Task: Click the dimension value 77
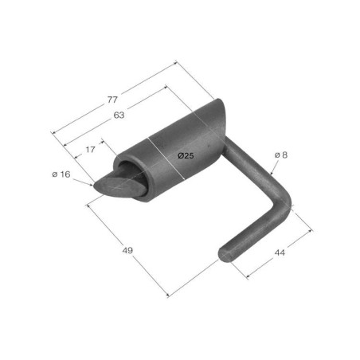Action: (x=112, y=100)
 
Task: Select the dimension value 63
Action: (x=119, y=115)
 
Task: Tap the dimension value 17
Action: (x=90, y=150)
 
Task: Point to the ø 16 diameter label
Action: (x=61, y=174)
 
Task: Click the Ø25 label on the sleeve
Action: (x=186, y=155)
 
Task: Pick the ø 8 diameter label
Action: (x=281, y=155)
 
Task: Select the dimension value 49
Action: (x=127, y=250)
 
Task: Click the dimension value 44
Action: (x=280, y=252)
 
